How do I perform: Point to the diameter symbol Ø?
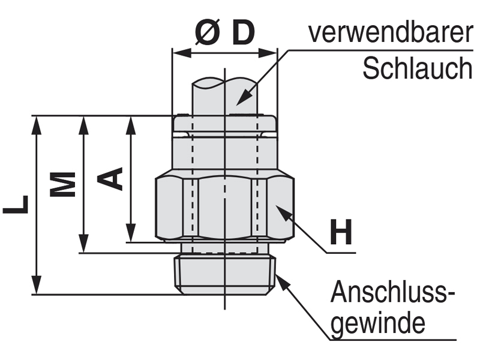click(x=207, y=34)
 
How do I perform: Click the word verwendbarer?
click(x=390, y=33)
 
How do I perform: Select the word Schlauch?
click(x=418, y=69)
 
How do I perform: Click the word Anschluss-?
click(x=393, y=293)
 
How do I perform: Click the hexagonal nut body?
click(x=225, y=207)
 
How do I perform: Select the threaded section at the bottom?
click(x=225, y=273)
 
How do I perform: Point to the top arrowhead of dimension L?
click(x=37, y=124)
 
